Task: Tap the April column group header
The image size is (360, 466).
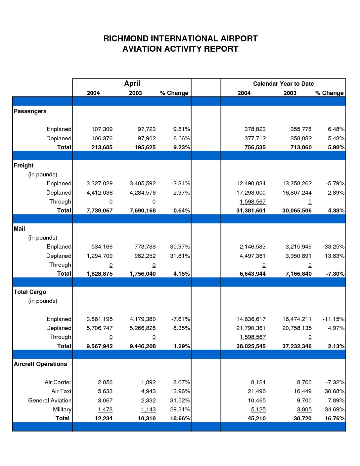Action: (132, 83)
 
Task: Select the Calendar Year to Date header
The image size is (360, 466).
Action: (283, 84)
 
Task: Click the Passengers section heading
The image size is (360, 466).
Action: (30, 111)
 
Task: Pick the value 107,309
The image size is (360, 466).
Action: (102, 129)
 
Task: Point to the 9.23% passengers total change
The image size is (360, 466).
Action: (181, 147)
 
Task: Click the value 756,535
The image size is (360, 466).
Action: (255, 147)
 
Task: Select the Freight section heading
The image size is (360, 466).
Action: (23, 165)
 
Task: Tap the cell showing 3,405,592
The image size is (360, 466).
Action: (143, 184)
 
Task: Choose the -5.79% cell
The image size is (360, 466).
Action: (335, 184)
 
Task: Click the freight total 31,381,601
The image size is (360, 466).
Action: (251, 210)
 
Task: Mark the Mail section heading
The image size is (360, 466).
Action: (19, 229)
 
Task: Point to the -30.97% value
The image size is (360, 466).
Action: (179, 247)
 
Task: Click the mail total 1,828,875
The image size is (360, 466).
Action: (100, 274)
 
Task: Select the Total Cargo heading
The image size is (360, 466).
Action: (30, 292)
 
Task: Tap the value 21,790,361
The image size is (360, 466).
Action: (251, 328)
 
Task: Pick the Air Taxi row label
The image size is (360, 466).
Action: (61, 391)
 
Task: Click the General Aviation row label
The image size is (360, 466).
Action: (50, 400)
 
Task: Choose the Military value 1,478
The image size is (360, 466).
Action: (105, 409)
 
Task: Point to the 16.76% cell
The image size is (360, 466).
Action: (335, 418)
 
